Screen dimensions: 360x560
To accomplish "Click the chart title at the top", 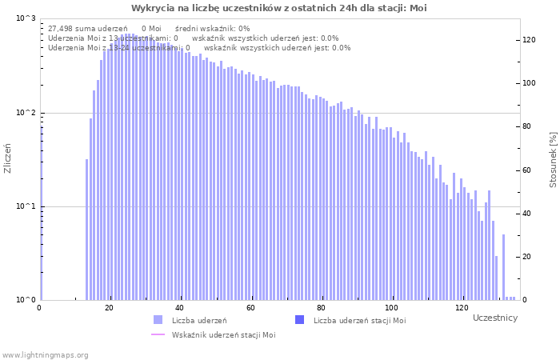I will [279, 8].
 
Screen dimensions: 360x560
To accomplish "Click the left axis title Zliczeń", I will [8, 158].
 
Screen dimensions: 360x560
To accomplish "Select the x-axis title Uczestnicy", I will [495, 318].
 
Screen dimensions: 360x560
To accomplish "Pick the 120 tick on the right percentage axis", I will [529, 39].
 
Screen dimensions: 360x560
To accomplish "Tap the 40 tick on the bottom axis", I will [180, 308].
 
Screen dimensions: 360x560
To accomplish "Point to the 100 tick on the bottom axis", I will [390, 308].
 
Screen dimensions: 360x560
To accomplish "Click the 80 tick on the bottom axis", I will [321, 308].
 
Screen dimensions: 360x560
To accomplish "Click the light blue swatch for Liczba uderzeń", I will [158, 320].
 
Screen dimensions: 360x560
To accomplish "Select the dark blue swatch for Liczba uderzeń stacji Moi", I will [300, 320].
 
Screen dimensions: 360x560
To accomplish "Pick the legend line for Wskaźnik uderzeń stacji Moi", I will [158, 334].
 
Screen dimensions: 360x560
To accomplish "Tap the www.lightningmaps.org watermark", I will [45, 354].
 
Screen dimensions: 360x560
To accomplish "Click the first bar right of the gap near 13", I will [87, 230].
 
